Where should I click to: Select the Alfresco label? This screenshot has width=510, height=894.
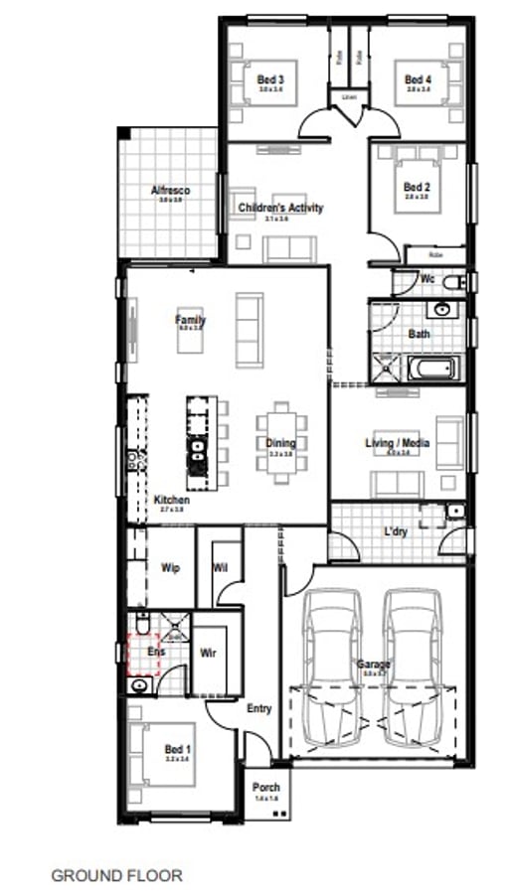pyautogui.click(x=170, y=190)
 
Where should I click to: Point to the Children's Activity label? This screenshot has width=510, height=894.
pyautogui.click(x=280, y=208)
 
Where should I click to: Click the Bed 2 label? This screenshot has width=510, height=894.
pyautogui.click(x=417, y=187)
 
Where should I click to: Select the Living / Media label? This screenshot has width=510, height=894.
pyautogui.click(x=398, y=442)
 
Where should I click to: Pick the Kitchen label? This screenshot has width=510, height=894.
pyautogui.click(x=171, y=500)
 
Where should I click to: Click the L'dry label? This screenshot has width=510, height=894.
pyautogui.click(x=396, y=531)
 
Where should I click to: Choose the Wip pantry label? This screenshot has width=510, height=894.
pyautogui.click(x=169, y=568)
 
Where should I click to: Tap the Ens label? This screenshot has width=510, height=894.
pyautogui.click(x=155, y=652)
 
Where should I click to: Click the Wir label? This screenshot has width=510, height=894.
pyautogui.click(x=209, y=653)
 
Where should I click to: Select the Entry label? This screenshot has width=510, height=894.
pyautogui.click(x=258, y=708)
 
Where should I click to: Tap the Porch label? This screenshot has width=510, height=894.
pyautogui.click(x=265, y=787)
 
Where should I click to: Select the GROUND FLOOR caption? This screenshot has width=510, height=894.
pyautogui.click(x=116, y=875)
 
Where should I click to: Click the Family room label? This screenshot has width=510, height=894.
pyautogui.click(x=190, y=320)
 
